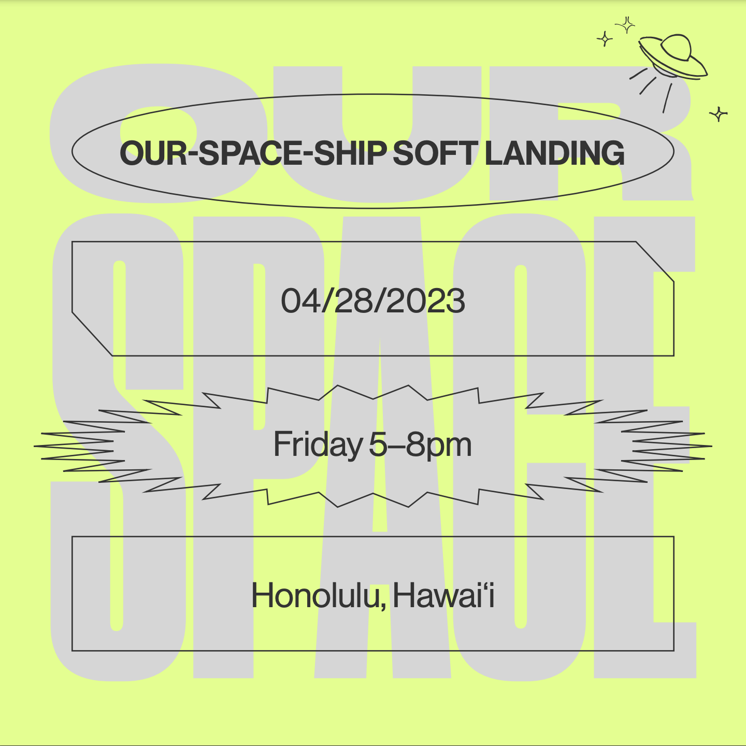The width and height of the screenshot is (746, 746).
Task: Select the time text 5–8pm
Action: pos(420,445)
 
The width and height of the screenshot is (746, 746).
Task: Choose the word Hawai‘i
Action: pos(443,595)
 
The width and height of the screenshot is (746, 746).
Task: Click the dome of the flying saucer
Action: pos(676,48)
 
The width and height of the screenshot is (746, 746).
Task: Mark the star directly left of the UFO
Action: pos(605,39)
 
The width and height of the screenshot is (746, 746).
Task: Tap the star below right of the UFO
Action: pos(719,114)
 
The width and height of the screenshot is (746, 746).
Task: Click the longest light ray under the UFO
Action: pos(667,98)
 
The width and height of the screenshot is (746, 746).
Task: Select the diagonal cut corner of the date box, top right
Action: pos(655,262)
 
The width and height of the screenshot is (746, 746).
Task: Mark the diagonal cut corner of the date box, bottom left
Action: pos(92,334)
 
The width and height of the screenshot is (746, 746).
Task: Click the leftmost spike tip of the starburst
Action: pos(34,446)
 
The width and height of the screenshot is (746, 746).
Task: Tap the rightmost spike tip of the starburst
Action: pos(712,446)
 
